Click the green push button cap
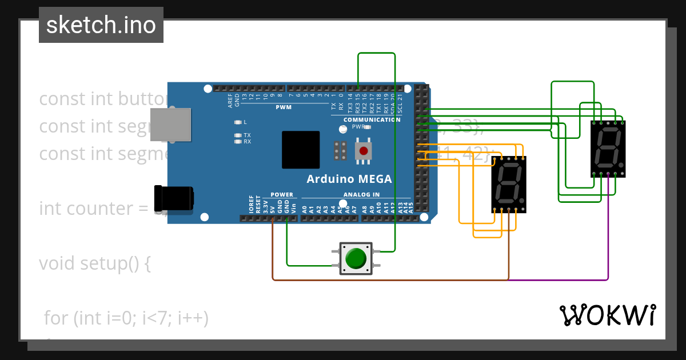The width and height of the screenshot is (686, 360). coord(356,258)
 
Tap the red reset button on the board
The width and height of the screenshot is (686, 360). coord(362,151)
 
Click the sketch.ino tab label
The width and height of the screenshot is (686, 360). coord(101,25)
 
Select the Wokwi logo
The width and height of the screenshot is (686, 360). coord(607,315)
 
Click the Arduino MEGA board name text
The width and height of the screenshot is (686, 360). coord(349,179)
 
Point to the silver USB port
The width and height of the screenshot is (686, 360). coord(170,124)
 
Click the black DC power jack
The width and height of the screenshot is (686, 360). coord(174,199)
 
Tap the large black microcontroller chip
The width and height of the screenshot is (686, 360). coord(301,150)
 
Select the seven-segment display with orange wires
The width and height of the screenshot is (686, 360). coord(509,183)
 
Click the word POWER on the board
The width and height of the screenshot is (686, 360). coord(282,195)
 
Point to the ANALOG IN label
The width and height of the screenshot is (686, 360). coord(361,195)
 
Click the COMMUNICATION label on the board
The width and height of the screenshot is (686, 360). coord(372,120)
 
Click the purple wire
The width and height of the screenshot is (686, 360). coord(608,240)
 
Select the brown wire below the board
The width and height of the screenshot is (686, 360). coord(389,280)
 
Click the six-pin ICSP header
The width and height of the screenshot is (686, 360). coord(340,151)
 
